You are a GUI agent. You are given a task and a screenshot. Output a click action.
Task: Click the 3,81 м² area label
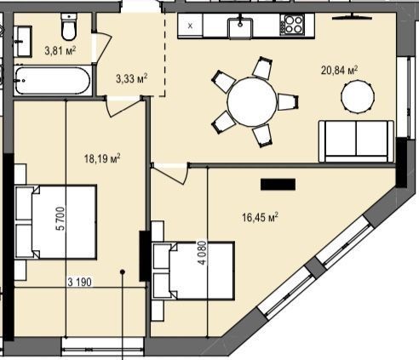click(60, 50)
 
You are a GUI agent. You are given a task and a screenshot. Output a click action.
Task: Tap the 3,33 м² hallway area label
click(131, 78)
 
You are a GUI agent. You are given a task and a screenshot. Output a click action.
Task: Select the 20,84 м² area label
click(339, 70)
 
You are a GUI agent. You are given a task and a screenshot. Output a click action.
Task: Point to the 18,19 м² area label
click(102, 158)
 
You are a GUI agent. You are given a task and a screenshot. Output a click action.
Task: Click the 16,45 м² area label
click(260, 218)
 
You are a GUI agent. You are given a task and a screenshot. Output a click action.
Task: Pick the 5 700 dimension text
click(61, 219)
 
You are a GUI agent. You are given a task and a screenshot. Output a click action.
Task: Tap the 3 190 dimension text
click(80, 282)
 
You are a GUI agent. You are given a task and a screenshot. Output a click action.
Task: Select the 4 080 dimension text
click(202, 253)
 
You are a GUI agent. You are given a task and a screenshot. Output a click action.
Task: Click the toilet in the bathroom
click(69, 27)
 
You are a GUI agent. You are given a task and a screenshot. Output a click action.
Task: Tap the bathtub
click(53, 81)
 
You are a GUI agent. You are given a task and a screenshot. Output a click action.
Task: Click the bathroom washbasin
click(23, 42)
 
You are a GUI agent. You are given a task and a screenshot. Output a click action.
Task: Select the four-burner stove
click(293, 25)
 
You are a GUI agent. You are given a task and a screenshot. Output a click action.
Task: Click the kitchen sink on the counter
click(240, 27)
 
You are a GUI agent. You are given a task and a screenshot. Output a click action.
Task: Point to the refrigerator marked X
click(190, 26)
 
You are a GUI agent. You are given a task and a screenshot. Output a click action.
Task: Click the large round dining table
click(252, 102)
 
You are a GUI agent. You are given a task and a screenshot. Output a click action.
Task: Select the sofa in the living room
click(357, 141)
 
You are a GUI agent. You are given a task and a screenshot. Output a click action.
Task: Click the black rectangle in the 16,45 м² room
click(278, 185)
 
